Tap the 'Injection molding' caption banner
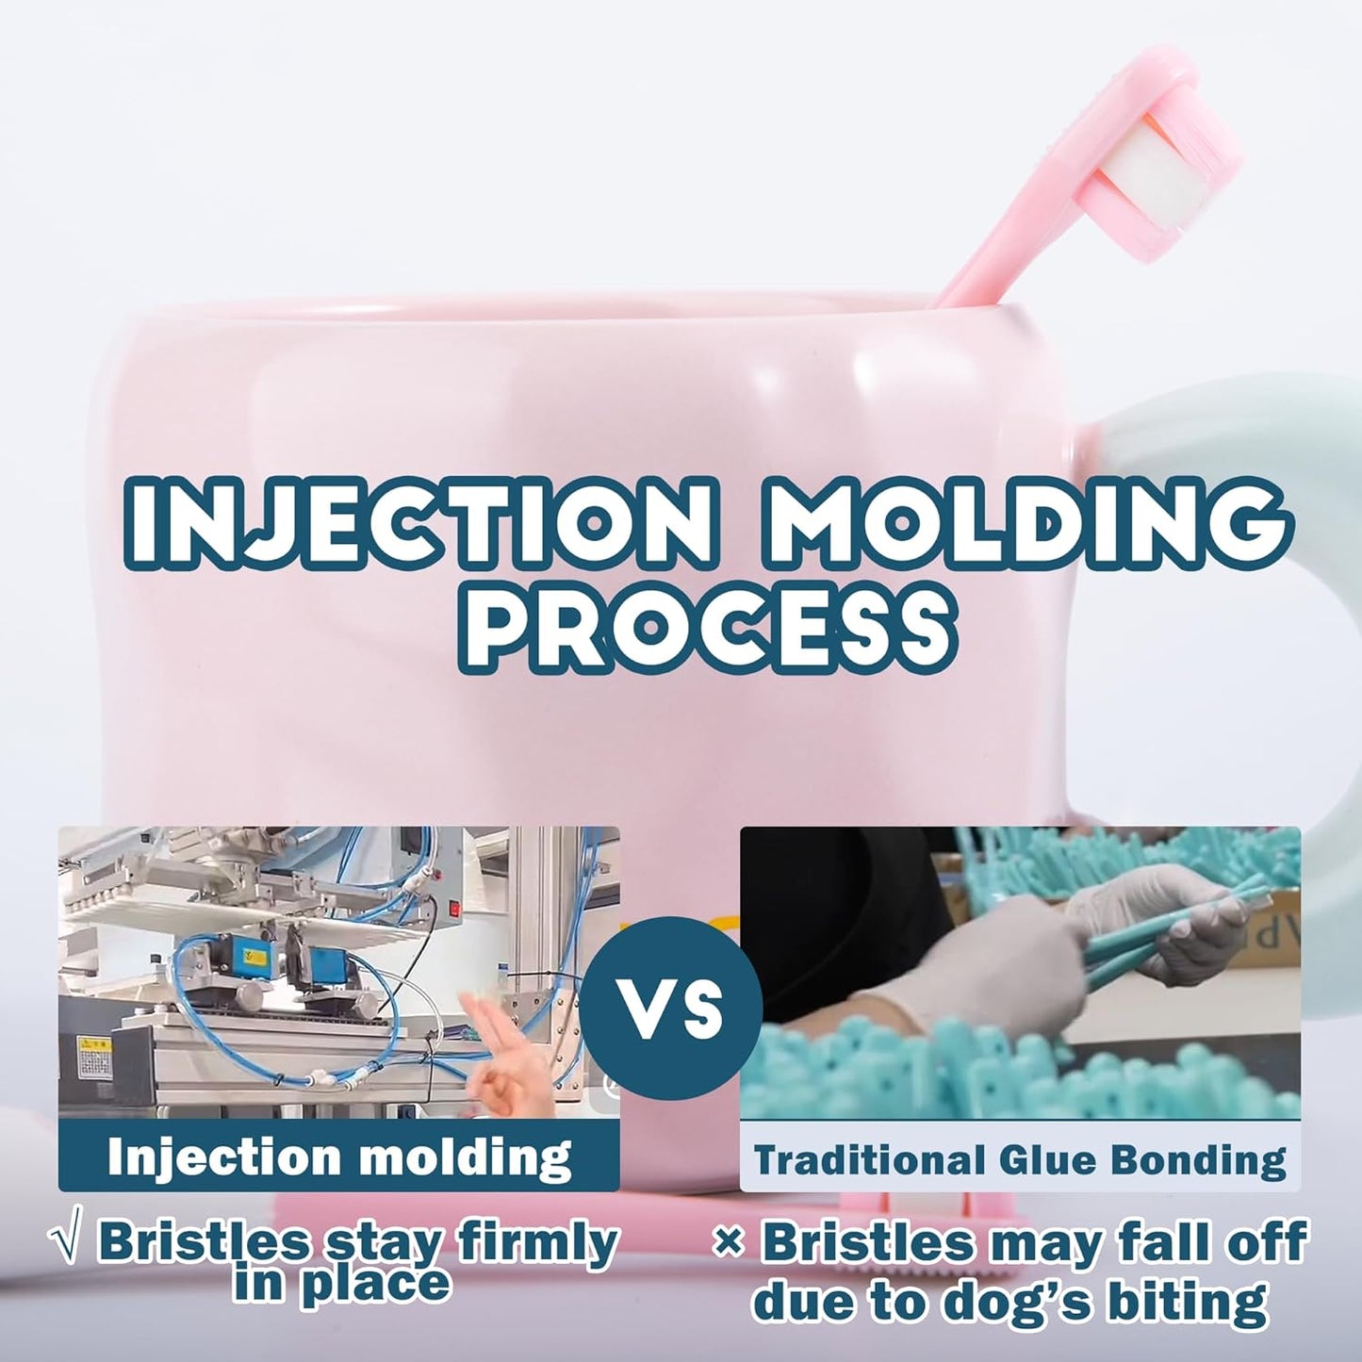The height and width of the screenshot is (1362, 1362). click(x=338, y=1157)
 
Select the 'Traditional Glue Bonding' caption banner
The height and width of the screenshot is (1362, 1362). click(x=1020, y=1158)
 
